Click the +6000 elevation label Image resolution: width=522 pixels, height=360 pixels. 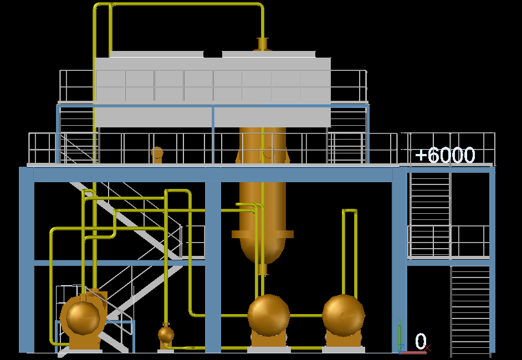(x=445, y=156)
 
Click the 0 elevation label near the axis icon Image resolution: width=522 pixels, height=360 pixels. (x=421, y=342)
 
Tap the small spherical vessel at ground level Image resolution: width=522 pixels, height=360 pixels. (x=166, y=334)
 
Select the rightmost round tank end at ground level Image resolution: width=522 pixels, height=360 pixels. (x=344, y=315)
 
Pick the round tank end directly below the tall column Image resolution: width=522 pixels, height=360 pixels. (x=269, y=315)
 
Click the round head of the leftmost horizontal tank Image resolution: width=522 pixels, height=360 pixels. (x=83, y=317)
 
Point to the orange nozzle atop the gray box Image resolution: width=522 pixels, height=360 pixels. (x=263, y=44)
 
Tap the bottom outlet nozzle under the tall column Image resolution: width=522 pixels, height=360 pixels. (x=263, y=270)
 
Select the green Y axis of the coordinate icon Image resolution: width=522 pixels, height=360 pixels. (x=399, y=335)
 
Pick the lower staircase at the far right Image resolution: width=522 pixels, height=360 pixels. (x=470, y=310)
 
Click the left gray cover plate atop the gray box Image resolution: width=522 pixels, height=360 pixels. (x=157, y=54)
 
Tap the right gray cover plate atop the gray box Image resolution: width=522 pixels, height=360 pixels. (x=269, y=54)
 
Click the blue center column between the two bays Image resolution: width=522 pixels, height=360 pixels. (x=213, y=266)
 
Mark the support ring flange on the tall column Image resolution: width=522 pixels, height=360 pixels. (x=263, y=234)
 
